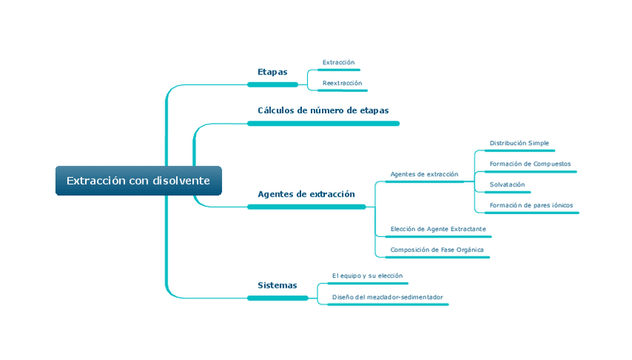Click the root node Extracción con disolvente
coord(139,181)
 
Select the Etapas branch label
coord(272,72)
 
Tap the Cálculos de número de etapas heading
coord(323,110)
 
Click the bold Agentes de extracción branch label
coord(306,194)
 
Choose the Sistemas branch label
coord(277,285)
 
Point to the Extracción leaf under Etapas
coord(338,62)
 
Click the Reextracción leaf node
coord(342,83)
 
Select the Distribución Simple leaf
coord(519,142)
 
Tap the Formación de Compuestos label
coord(530,163)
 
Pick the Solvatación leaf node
coord(507,184)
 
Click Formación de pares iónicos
coord(531,205)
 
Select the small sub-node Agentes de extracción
coord(424,174)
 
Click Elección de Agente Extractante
coord(438,229)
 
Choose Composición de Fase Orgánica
coord(437,250)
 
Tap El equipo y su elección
coord(367,276)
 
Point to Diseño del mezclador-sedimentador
coord(388,297)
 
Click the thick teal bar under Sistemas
coord(277,298)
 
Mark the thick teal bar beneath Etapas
coord(272,85)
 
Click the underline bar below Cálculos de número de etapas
coord(323,123)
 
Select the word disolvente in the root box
coord(181,181)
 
